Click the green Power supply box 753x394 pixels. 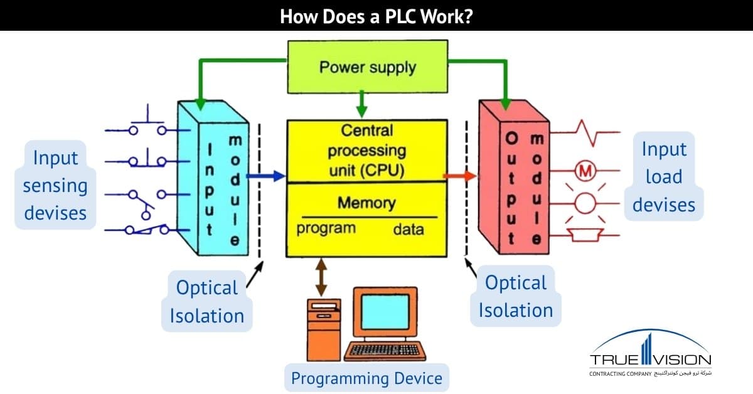click(x=368, y=67)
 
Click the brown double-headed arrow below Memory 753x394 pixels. click(x=322, y=277)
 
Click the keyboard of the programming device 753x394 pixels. click(x=385, y=349)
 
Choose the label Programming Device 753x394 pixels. click(x=366, y=378)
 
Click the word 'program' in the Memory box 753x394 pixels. click(x=326, y=228)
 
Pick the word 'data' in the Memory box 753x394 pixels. click(x=409, y=229)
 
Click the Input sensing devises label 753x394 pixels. click(x=55, y=185)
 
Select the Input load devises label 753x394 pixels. click(x=664, y=177)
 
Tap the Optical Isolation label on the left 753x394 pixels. click(x=206, y=302)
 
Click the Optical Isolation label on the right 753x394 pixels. click(x=515, y=296)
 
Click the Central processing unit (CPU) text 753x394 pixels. click(x=367, y=150)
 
